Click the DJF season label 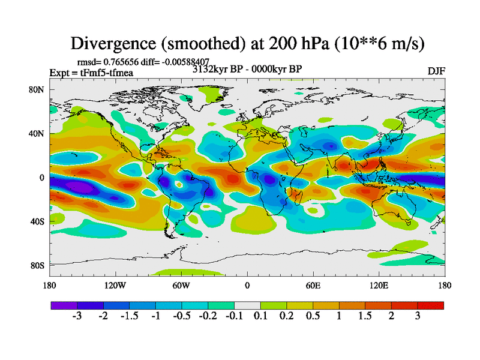pyautogui.click(x=436, y=71)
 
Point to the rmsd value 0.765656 pyautogui.click(x=125, y=61)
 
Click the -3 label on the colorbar pyautogui.click(x=77, y=316)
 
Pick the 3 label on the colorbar pyautogui.click(x=418, y=316)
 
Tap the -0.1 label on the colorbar pyautogui.click(x=234, y=316)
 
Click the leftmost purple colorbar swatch pyautogui.click(x=64, y=305)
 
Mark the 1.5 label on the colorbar pyautogui.click(x=365, y=316)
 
